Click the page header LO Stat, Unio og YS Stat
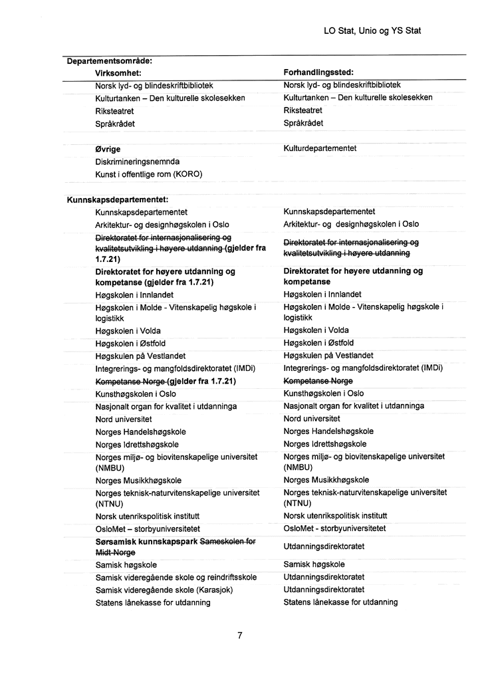[x=372, y=31]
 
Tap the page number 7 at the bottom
[x=239, y=635]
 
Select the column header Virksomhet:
[x=119, y=72]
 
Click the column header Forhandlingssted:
[x=318, y=72]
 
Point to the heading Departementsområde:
[x=110, y=61]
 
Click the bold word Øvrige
[x=108, y=149]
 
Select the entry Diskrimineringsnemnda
[x=138, y=162]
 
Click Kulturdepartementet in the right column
[x=320, y=148]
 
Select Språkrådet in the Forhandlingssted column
[x=303, y=124]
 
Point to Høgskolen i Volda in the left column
[x=128, y=331]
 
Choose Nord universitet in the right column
[x=312, y=419]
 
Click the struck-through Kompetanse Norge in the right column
[x=318, y=381]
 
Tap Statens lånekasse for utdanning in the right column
[x=340, y=602]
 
